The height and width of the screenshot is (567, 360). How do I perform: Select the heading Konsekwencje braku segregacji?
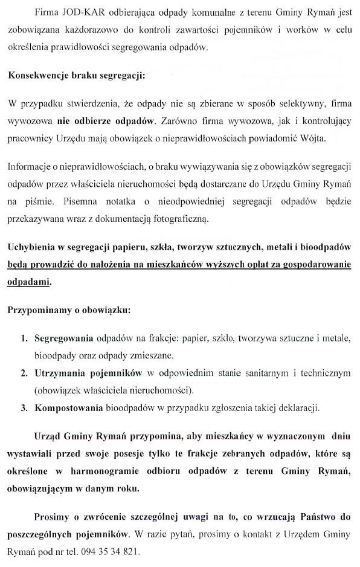click(x=76, y=77)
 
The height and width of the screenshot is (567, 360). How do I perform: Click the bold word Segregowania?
click(x=63, y=337)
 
